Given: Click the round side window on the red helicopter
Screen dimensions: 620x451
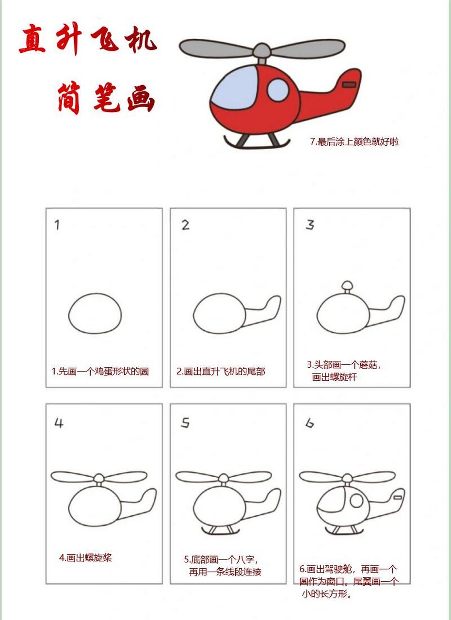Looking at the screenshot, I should click(278, 90).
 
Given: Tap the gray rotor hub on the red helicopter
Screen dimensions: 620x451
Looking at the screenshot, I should click(262, 49).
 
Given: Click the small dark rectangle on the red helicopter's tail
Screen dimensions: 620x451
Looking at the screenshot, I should click(349, 85).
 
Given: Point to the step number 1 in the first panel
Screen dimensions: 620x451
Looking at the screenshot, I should click(57, 225).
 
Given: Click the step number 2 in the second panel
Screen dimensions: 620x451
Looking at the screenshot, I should click(185, 225).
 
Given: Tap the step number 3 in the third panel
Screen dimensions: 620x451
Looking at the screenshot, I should click(310, 225).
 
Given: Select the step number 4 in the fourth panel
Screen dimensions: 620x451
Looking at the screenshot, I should click(59, 423).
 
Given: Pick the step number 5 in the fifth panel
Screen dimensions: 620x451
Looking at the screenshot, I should click(185, 423).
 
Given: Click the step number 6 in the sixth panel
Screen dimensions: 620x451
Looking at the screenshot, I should click(309, 423).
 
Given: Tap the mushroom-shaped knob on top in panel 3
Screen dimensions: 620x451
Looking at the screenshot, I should click(347, 286).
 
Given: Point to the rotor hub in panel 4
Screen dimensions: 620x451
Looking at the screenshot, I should click(99, 478).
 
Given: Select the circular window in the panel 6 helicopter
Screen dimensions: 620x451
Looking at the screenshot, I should click(356, 501).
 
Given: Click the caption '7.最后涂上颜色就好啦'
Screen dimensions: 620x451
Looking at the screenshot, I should click(354, 142).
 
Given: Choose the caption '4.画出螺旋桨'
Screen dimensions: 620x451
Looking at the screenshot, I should click(85, 558).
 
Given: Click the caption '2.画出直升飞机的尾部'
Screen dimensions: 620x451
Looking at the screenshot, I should click(221, 372).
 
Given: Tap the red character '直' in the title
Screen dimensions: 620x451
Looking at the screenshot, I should click(33, 40).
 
